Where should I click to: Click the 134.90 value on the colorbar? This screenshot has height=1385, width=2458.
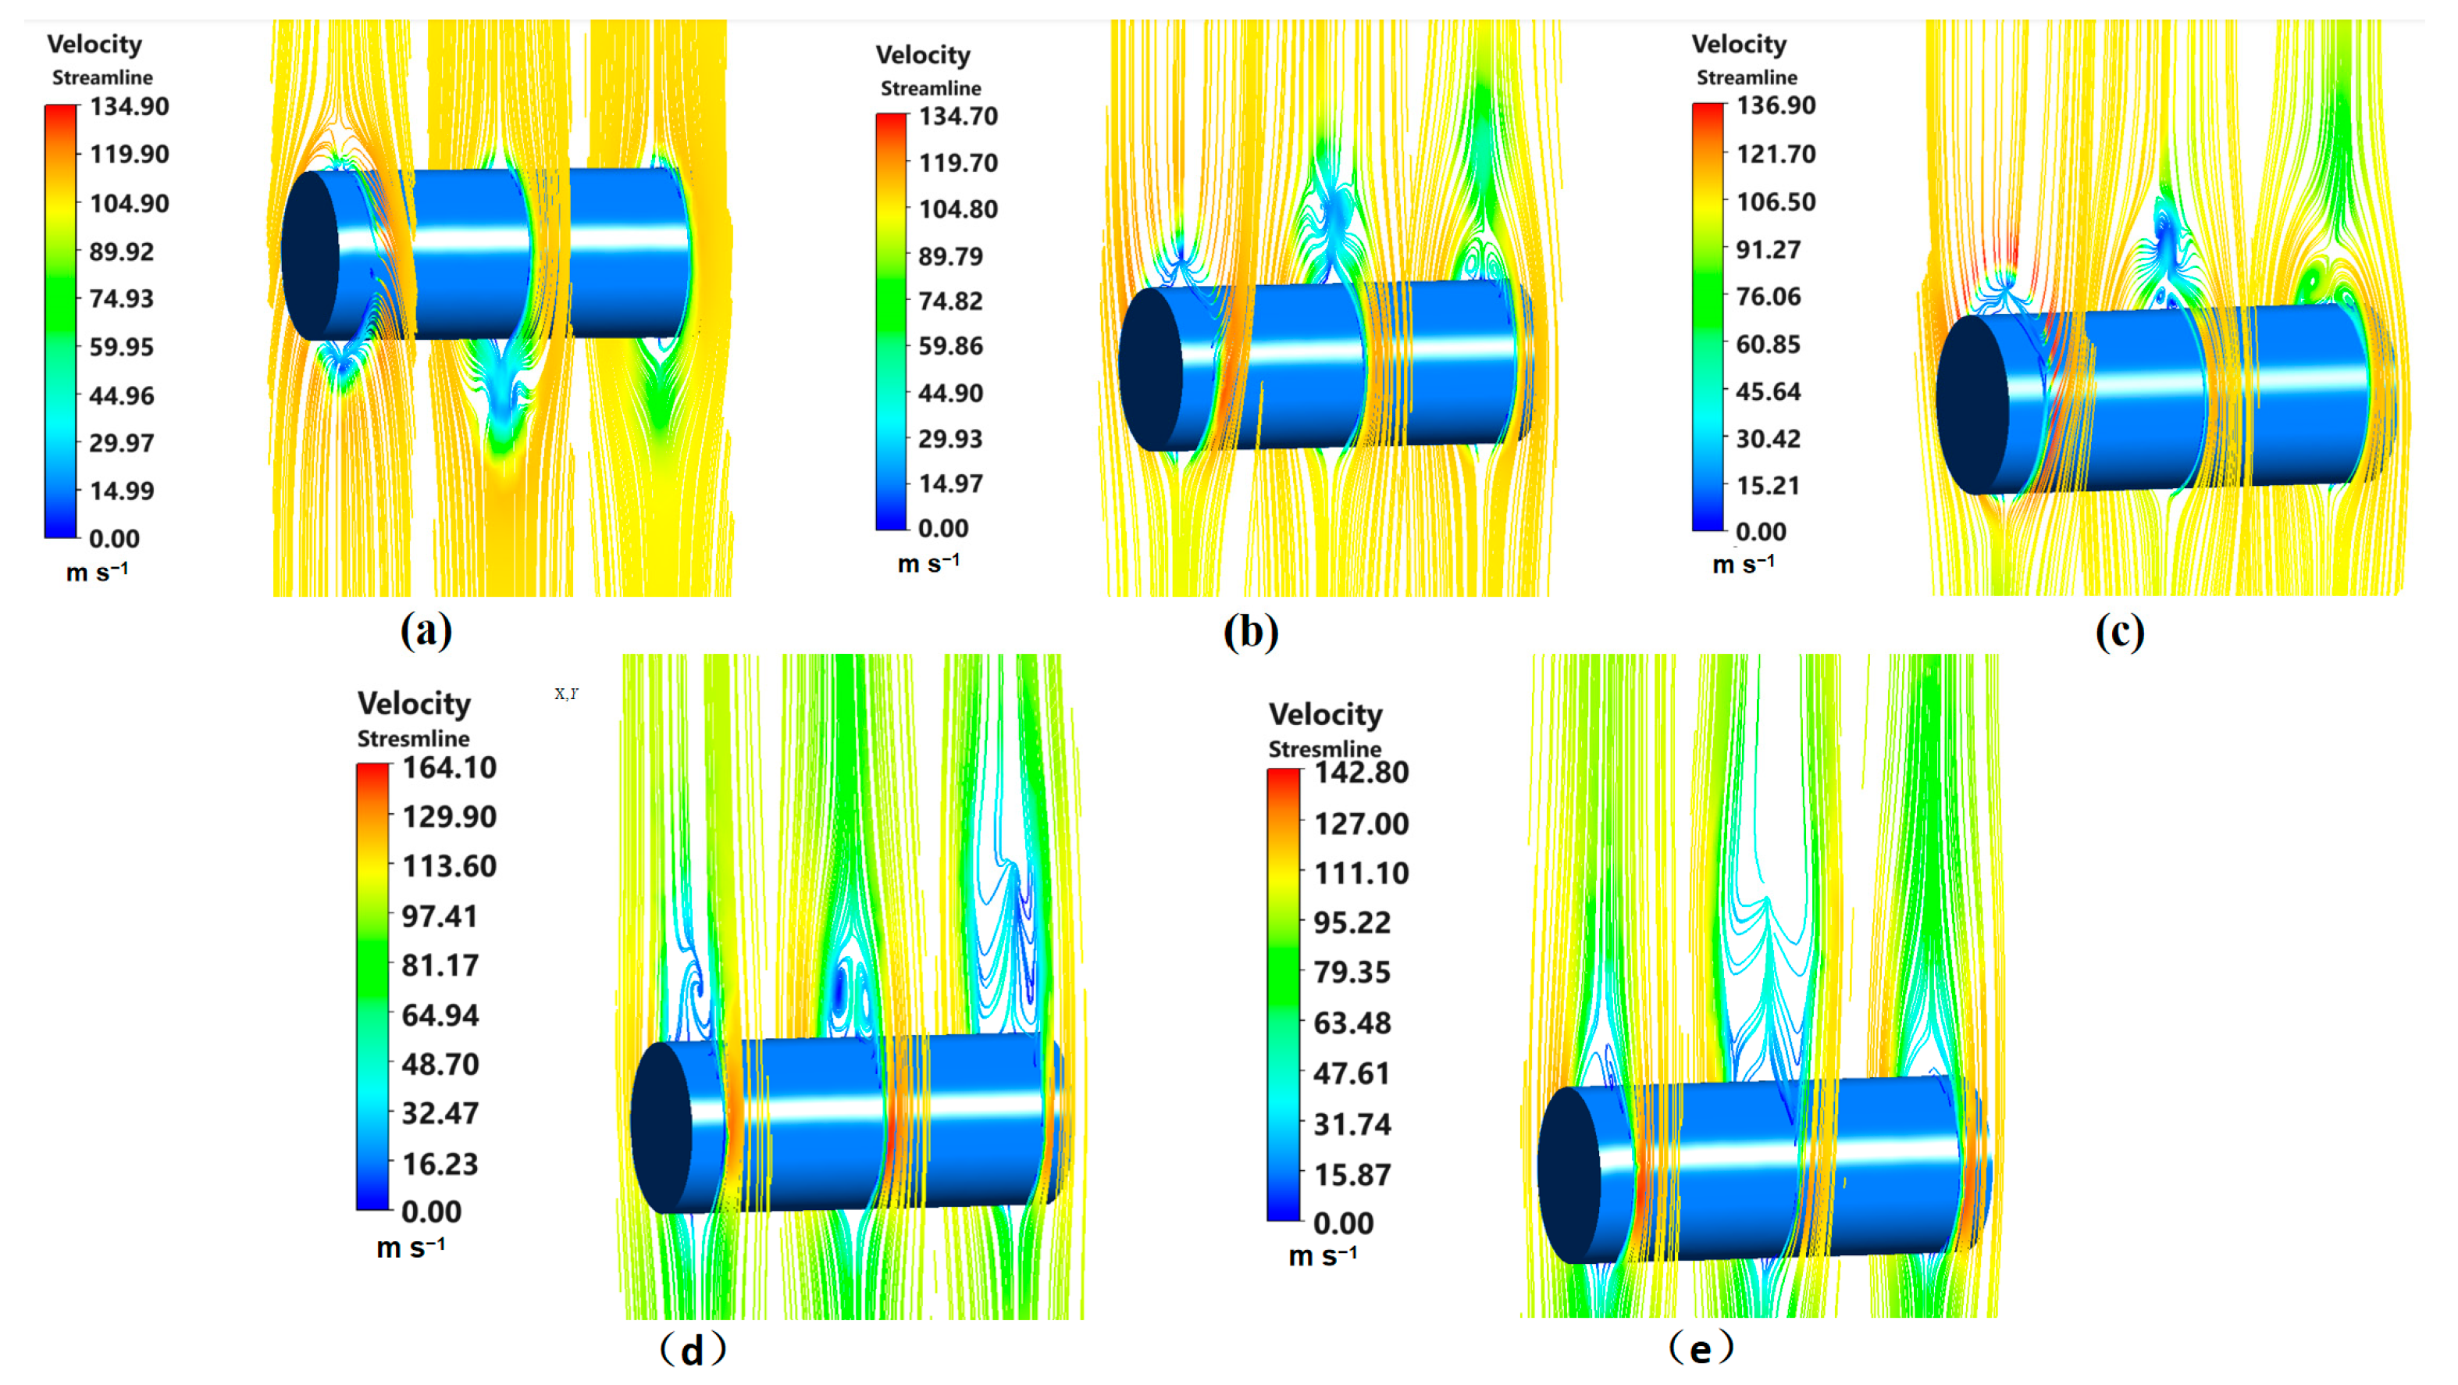coord(130,106)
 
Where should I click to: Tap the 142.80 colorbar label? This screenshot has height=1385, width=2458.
coord(1362,773)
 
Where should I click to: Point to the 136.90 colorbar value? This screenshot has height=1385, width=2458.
coord(1776,105)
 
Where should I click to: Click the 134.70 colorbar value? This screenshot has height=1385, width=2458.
coord(958,116)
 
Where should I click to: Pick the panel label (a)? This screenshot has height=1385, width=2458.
coord(426,631)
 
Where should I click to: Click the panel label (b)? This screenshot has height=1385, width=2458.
coord(1250,632)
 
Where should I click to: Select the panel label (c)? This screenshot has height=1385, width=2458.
coord(2119,632)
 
